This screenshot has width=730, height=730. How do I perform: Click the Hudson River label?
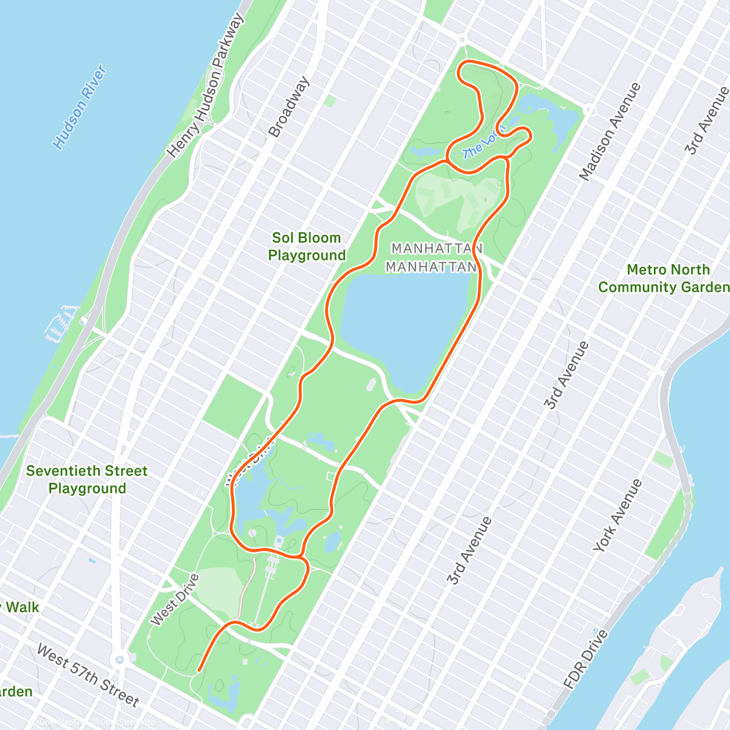[80, 108]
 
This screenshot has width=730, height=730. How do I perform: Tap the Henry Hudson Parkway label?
[206, 86]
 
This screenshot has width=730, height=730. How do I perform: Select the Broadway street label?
[289, 106]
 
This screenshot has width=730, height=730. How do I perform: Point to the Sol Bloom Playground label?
[307, 246]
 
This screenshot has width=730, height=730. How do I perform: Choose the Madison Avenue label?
[610, 131]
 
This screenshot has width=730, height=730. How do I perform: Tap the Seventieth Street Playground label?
[87, 479]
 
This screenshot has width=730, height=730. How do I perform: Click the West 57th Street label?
[88, 676]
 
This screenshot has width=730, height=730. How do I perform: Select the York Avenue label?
[617, 516]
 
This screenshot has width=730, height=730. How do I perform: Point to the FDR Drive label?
[585, 659]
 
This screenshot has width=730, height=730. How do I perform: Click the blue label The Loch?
[481, 145]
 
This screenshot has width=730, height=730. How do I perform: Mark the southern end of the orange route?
[199, 671]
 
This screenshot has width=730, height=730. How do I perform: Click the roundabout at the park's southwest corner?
[119, 659]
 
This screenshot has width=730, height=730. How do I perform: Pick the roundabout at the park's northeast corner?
[589, 110]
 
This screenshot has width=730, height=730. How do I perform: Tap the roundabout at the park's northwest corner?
[462, 40]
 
